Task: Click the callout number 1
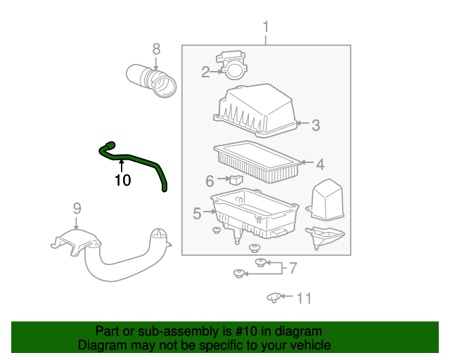pyautogui.click(x=266, y=27)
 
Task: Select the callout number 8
pyautogui.click(x=156, y=49)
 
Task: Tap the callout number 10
pyautogui.click(x=122, y=180)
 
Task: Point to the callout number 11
pyautogui.click(x=303, y=298)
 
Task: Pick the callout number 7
pyautogui.click(x=293, y=267)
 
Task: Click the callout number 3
pyautogui.click(x=316, y=125)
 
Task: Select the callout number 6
pyautogui.click(x=210, y=181)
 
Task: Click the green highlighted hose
pyautogui.click(x=141, y=160)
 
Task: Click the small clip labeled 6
pyautogui.click(x=236, y=179)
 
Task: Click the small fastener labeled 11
pyautogui.click(x=274, y=298)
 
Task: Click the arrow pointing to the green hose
pyautogui.click(x=122, y=166)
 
